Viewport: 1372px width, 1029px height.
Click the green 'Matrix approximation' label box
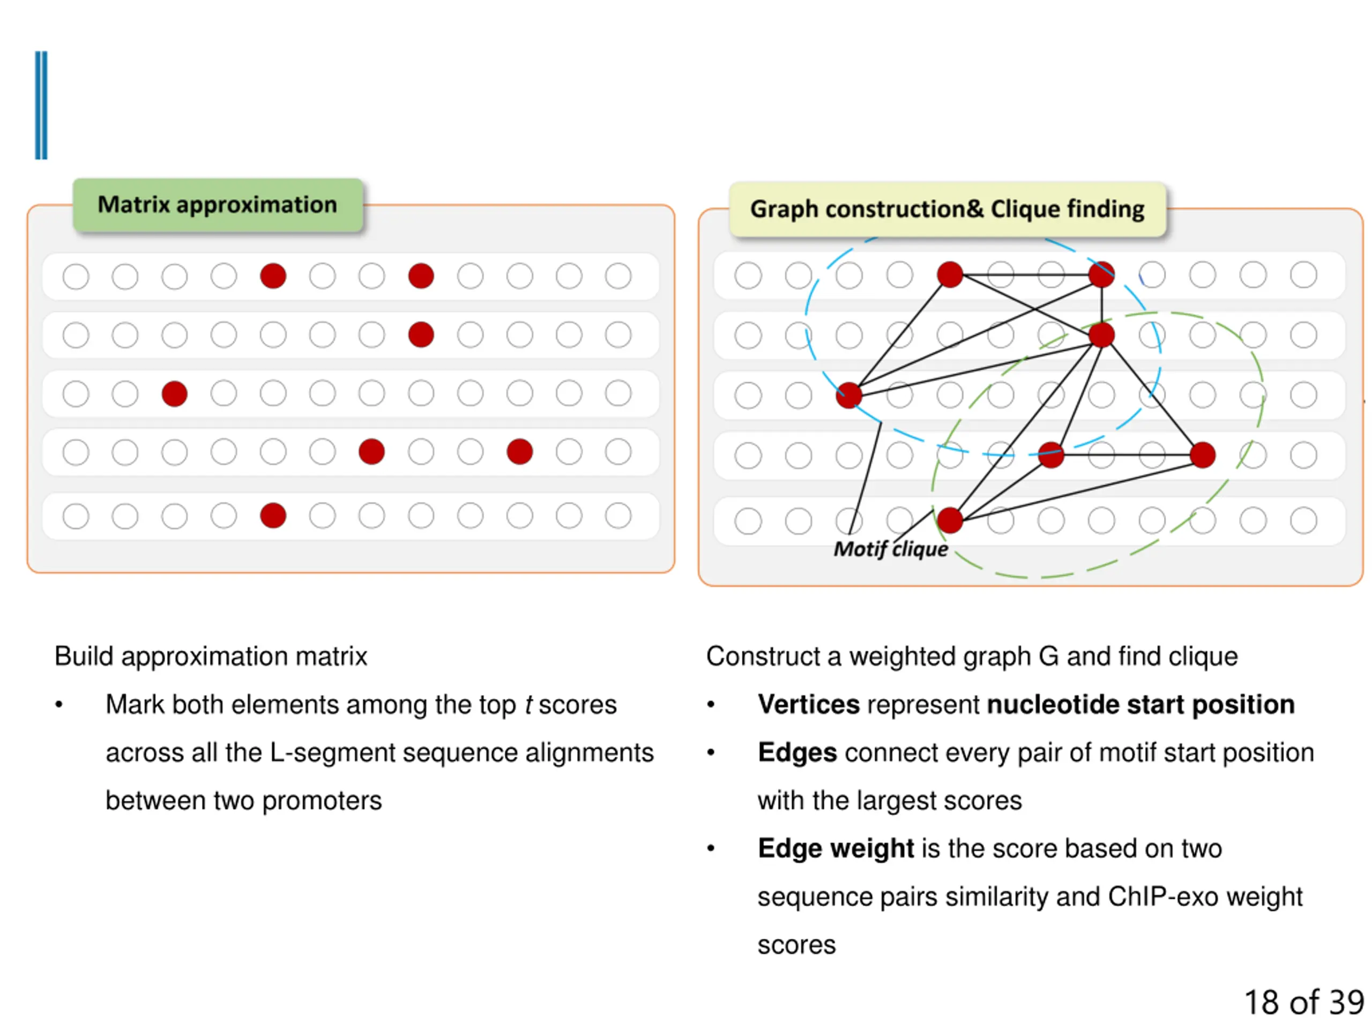point(218,205)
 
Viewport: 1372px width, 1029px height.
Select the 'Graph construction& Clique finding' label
point(947,209)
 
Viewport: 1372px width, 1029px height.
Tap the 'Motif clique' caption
point(891,549)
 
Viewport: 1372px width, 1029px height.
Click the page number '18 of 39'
point(1304,1002)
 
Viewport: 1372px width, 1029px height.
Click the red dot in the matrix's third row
point(174,394)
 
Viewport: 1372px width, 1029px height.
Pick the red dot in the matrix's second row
point(421,335)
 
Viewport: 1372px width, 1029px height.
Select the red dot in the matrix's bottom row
point(273,516)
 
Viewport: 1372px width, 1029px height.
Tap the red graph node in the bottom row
point(950,520)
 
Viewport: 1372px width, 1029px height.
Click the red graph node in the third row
point(848,395)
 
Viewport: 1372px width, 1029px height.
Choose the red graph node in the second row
point(1101,335)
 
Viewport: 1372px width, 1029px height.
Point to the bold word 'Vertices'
point(809,705)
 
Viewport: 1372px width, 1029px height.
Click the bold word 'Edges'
point(797,753)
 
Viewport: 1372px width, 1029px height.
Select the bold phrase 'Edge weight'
point(836,848)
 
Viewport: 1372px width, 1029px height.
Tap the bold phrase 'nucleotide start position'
point(1140,705)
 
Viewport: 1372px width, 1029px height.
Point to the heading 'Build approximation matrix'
point(211,656)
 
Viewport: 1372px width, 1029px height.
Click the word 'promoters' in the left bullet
point(322,801)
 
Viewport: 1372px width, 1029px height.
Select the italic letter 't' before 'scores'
point(528,705)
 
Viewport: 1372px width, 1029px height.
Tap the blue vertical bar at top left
point(41,106)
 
